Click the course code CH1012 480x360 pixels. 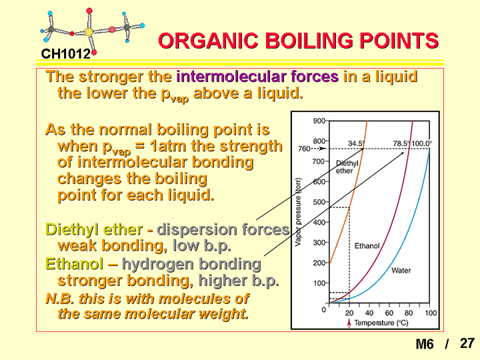coord(66,54)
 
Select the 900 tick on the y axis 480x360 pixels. coord(319,121)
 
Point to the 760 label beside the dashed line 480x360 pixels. coord(304,149)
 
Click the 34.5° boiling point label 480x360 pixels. coord(356,143)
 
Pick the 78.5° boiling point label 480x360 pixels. coord(401,143)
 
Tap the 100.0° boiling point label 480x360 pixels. coord(422,143)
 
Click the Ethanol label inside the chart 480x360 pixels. coord(367,246)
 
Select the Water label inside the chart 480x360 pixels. coord(401,270)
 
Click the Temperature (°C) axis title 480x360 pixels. coord(381,323)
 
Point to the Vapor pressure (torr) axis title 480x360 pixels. coord(298,212)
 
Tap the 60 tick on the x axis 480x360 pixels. coord(389,313)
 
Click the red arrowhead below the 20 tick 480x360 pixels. coord(349,322)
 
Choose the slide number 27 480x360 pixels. coord(467,343)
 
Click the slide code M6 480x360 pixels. coord(425,344)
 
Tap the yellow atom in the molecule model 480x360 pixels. coord(89,32)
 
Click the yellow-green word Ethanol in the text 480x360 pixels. coord(75,264)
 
